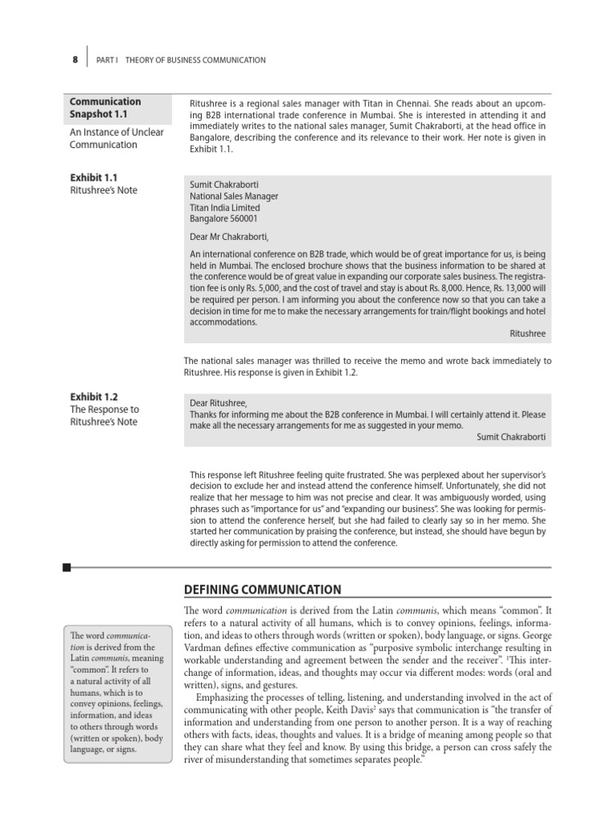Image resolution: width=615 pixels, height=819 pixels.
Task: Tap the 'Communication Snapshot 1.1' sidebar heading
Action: coord(106,108)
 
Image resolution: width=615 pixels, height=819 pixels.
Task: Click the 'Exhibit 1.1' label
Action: coord(94,177)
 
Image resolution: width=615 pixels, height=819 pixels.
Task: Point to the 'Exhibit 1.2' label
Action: coord(94,397)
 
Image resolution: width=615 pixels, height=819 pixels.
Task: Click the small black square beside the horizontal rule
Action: coord(66,568)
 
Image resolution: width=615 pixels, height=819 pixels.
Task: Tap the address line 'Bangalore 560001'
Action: coord(223,218)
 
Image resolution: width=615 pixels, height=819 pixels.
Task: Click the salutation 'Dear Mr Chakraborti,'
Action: coord(229,237)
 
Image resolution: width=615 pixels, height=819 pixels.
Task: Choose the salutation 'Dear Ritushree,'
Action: coord(219,402)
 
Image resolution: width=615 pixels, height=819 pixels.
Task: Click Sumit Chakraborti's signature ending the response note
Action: coord(510,436)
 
